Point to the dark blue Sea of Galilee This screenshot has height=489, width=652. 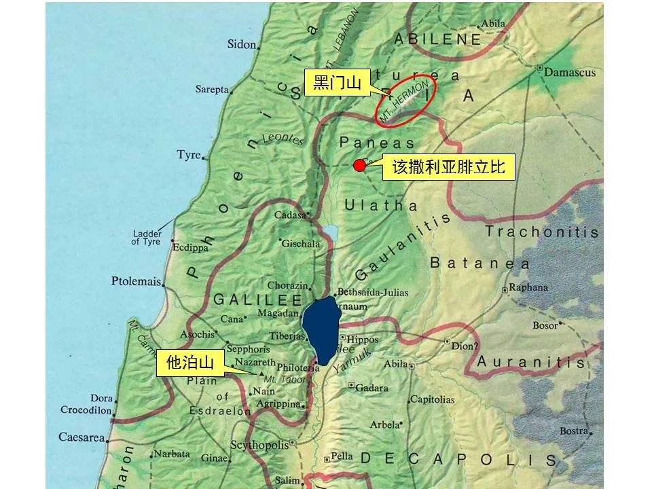pyautogui.click(x=320, y=329)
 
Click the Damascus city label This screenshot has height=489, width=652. pyautogui.click(x=568, y=72)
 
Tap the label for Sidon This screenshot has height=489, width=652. pyautogui.click(x=242, y=45)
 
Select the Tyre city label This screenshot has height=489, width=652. pyautogui.click(x=188, y=155)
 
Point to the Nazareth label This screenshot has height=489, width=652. pyautogui.click(x=255, y=363)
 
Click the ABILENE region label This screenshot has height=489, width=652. pyautogui.click(x=437, y=39)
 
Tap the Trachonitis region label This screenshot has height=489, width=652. pyautogui.click(x=542, y=232)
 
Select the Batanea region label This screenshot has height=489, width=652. pyautogui.click(x=479, y=263)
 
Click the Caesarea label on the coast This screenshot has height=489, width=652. pyautogui.click(x=81, y=437)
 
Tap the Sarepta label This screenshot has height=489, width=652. pyautogui.click(x=212, y=90)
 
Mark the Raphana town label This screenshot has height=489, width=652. pyautogui.click(x=528, y=287)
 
